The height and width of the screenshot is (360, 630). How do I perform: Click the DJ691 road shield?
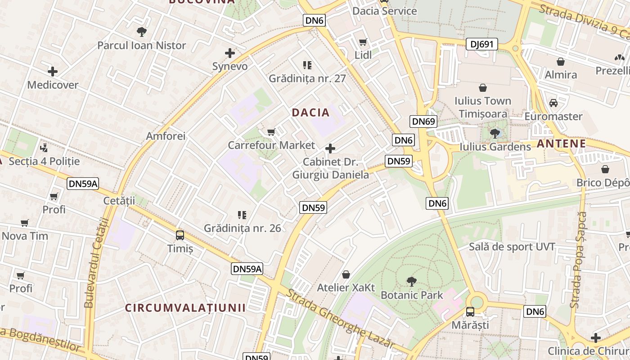coord(481,44)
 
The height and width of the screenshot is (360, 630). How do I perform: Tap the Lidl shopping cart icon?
coord(363,42)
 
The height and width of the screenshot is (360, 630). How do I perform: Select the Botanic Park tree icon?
coord(411,282)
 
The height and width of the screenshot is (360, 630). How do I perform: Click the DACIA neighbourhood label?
coord(311,112)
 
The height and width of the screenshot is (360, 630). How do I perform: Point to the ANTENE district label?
coord(561,144)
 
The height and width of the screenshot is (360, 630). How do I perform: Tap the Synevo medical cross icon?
coord(230,53)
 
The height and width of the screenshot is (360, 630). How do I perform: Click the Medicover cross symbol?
coord(53,71)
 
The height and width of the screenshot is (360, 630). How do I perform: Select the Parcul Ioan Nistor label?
coord(141,45)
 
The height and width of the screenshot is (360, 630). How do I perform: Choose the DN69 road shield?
coord(423,121)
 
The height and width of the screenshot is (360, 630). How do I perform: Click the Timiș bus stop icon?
coord(180,235)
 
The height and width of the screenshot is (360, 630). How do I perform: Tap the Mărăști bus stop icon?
coord(470,311)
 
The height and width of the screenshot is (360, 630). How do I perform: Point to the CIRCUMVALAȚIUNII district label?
coord(185,308)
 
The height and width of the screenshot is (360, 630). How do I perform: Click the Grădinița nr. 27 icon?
coord(307,65)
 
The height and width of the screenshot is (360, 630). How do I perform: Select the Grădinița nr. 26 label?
coord(243,228)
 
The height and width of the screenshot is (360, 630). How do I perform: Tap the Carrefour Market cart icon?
coord(271,132)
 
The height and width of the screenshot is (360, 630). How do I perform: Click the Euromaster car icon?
coord(553,103)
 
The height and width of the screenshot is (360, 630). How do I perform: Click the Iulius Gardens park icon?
coord(495,133)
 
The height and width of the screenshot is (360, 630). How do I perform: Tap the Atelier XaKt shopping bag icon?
coord(346,274)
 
